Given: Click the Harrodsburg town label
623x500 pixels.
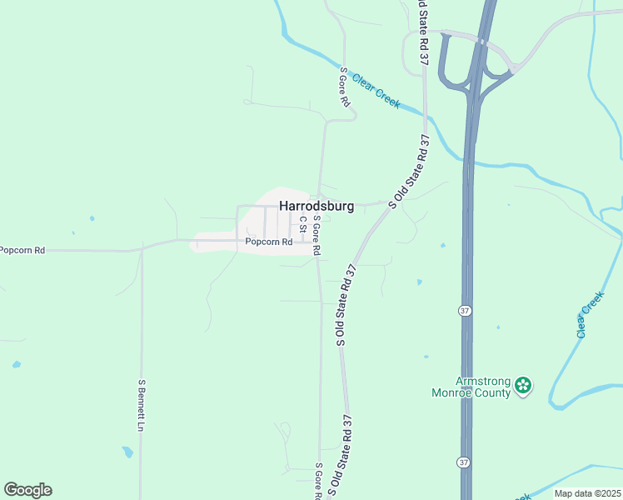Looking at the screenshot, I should [316, 205].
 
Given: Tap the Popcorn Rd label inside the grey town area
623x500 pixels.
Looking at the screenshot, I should [268, 242].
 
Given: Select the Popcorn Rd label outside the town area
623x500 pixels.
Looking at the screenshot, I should [22, 249].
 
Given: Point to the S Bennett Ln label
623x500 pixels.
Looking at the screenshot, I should [142, 405].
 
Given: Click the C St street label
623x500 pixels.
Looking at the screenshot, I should [303, 223].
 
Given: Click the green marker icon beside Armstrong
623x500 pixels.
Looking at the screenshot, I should [523, 386].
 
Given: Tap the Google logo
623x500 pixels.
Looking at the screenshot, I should [27, 490].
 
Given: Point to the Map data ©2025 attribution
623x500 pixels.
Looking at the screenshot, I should [587, 493].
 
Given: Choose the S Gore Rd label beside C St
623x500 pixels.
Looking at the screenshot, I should [316, 234].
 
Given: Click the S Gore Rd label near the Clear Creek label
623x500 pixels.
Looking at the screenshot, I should [343, 87].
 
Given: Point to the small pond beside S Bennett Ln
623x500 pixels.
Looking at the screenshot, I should [127, 452].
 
